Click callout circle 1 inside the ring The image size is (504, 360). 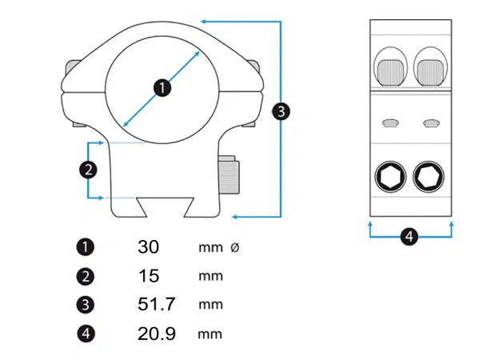pyautogui.click(x=162, y=88)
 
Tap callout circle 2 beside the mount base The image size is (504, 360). pyautogui.click(x=88, y=170)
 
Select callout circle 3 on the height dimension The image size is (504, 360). pyautogui.click(x=281, y=111)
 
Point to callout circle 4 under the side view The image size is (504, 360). pyautogui.click(x=410, y=237)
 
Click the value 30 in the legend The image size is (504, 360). pyautogui.click(x=149, y=247)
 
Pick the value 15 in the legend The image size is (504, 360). pyautogui.click(x=149, y=276)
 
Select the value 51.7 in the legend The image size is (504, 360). pyautogui.click(x=157, y=304)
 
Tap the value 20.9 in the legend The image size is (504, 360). pyautogui.click(x=157, y=334)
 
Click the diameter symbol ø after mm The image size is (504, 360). pyautogui.click(x=235, y=247)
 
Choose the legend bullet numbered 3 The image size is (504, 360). pyautogui.click(x=86, y=304)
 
